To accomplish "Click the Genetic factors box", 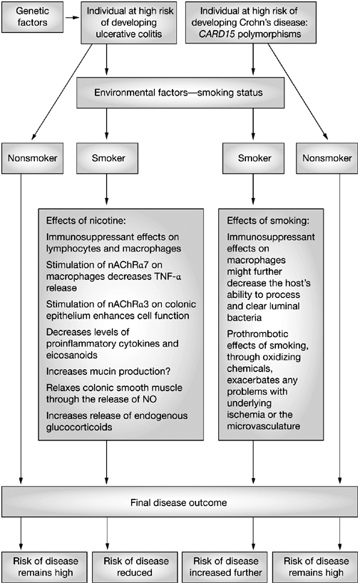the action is (x=33, y=17).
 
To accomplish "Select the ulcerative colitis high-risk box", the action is (x=129, y=22).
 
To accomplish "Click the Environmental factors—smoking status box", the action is (x=180, y=93).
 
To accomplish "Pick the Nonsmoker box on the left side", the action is (x=33, y=157).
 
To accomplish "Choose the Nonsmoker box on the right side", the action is (x=326, y=157).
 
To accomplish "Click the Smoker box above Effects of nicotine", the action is (x=107, y=157).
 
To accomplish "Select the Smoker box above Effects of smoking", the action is (x=253, y=157).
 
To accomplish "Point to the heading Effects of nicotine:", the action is (x=86, y=220).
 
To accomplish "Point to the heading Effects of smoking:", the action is (x=268, y=220).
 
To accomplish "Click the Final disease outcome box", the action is (x=180, y=502).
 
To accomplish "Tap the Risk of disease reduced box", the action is (x=136, y=567).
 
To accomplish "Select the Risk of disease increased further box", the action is (x=225, y=567).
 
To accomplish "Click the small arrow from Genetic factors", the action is (x=73, y=17).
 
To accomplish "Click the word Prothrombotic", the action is (x=257, y=334).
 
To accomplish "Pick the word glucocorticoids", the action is (x=79, y=428).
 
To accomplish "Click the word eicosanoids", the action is (x=72, y=355).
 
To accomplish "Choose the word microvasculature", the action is (x=263, y=426).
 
